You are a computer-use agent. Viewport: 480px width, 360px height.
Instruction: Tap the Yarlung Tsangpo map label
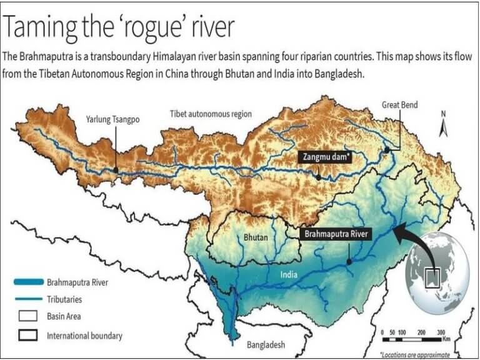(x=113, y=119)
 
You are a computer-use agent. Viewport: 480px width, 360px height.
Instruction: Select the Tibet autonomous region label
(x=211, y=114)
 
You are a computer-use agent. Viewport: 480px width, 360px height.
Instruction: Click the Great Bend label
(x=399, y=106)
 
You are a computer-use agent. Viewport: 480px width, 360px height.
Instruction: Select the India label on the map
(x=289, y=274)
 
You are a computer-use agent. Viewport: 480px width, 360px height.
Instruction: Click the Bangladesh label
(x=266, y=344)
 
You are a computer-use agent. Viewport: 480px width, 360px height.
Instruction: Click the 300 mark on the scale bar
(x=441, y=332)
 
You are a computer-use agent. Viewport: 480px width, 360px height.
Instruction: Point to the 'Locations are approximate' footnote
(x=415, y=354)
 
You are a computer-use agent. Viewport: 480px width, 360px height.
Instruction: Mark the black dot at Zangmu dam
(x=319, y=177)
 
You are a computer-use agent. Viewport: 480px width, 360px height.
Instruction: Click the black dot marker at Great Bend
(x=387, y=150)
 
